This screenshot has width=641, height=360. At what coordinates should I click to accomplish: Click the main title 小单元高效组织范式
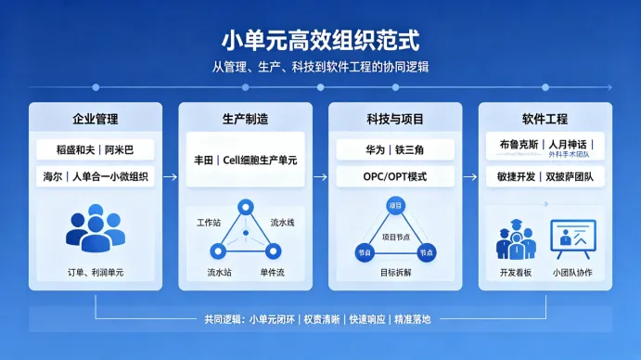321,41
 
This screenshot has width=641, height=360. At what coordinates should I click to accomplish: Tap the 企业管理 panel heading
96,119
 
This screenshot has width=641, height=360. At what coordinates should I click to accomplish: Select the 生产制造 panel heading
245,119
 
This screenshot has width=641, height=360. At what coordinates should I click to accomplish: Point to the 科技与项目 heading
395,119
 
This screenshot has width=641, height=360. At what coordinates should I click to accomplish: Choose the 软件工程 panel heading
545,119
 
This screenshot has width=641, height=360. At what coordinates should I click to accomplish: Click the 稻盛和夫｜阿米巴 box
96,149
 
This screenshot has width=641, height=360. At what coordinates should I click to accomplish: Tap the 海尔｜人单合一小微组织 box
96,176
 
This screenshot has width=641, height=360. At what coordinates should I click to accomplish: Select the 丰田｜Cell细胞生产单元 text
245,160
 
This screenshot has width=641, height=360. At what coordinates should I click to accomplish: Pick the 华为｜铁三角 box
395,149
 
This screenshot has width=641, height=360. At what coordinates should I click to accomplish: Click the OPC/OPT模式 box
395,176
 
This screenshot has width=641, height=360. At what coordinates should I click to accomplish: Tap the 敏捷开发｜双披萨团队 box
545,176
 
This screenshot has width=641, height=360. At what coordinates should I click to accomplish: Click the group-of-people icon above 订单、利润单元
96,228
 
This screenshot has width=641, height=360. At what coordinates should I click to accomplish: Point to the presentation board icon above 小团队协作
573,239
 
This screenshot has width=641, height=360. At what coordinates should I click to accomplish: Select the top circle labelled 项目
395,206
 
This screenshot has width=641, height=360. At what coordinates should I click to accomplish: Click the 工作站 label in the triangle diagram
209,223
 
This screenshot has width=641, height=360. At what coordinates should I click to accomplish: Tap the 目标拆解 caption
395,273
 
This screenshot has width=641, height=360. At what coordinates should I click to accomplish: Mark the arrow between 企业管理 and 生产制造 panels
171,177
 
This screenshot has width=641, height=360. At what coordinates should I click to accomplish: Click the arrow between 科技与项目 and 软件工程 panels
470,177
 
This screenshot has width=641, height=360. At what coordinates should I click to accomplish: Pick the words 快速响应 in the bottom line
367,319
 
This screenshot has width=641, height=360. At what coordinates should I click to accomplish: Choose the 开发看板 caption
516,273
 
